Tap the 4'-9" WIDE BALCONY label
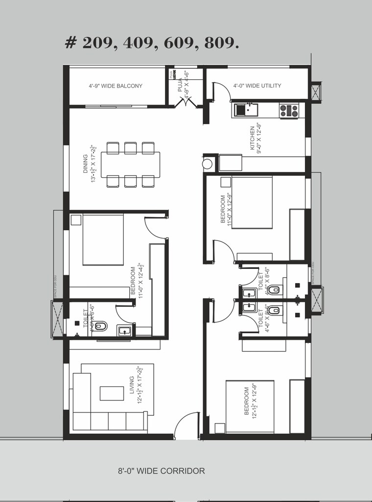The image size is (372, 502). click(116, 86)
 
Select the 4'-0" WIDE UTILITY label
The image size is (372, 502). click(257, 86)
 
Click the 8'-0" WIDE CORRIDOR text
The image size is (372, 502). click(161, 471)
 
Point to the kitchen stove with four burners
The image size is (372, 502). click(288, 111)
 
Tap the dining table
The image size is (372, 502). click(131, 164)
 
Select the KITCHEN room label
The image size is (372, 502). click(253, 138)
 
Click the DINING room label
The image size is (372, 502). click(85, 164)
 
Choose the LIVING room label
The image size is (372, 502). click(132, 385)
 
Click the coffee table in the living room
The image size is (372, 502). click(112, 393)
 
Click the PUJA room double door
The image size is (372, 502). click(186, 101)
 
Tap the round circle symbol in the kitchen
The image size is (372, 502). click(208, 164)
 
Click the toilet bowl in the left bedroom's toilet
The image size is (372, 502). click(101, 325)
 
